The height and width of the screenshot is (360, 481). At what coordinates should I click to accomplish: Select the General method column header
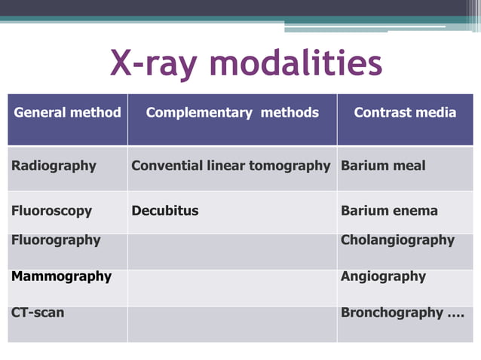pyautogui.click(x=67, y=113)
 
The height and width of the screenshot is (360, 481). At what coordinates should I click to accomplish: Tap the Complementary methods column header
pyautogui.click(x=232, y=113)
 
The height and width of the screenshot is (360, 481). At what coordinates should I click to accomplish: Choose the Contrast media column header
pyautogui.click(x=405, y=113)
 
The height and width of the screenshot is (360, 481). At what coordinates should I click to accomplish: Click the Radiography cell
pyautogui.click(x=54, y=166)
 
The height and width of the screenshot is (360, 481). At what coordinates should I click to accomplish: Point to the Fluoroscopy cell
pyautogui.click(x=51, y=211)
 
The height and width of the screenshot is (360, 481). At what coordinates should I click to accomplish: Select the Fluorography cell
pyautogui.click(x=56, y=240)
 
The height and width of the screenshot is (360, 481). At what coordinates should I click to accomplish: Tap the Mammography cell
pyautogui.click(x=61, y=276)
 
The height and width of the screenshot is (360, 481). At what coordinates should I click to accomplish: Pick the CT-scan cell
pyautogui.click(x=38, y=312)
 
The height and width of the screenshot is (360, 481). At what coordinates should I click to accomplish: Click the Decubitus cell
pyautogui.click(x=165, y=211)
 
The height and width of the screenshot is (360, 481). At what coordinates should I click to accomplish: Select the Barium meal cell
pyautogui.click(x=383, y=166)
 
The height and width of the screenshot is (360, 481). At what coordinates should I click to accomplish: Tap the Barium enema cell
pyautogui.click(x=389, y=211)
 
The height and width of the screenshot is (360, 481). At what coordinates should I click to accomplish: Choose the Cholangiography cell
pyautogui.click(x=397, y=240)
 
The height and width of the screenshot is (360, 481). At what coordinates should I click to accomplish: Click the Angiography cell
pyautogui.click(x=383, y=276)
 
